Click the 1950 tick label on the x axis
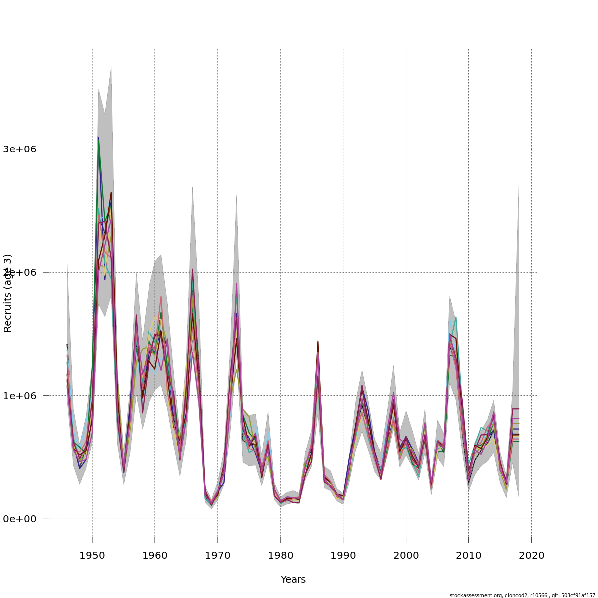pyautogui.click(x=92, y=555)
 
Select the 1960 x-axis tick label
pyautogui.click(x=155, y=555)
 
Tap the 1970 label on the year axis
pyautogui.click(x=218, y=555)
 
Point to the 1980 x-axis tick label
pyautogui.click(x=281, y=555)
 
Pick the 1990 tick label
pyautogui.click(x=343, y=555)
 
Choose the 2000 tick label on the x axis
pyautogui.click(x=406, y=555)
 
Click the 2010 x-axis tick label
pyautogui.click(x=468, y=555)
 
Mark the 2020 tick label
pyautogui.click(x=531, y=555)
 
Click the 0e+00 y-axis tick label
pyautogui.click(x=23, y=519)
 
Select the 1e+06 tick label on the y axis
pyautogui.click(x=23, y=396)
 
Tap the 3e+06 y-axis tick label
pyautogui.click(x=23, y=149)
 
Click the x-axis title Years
pyautogui.click(x=293, y=580)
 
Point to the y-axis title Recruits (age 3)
pyautogui.click(x=8, y=293)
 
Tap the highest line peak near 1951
pyautogui.click(x=99, y=138)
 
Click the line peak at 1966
pyautogui.click(x=192, y=269)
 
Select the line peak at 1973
pyautogui.click(x=236, y=284)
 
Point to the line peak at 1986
pyautogui.click(x=318, y=342)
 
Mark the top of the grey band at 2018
pyautogui.click(x=519, y=183)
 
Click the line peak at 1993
pyautogui.click(x=362, y=385)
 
